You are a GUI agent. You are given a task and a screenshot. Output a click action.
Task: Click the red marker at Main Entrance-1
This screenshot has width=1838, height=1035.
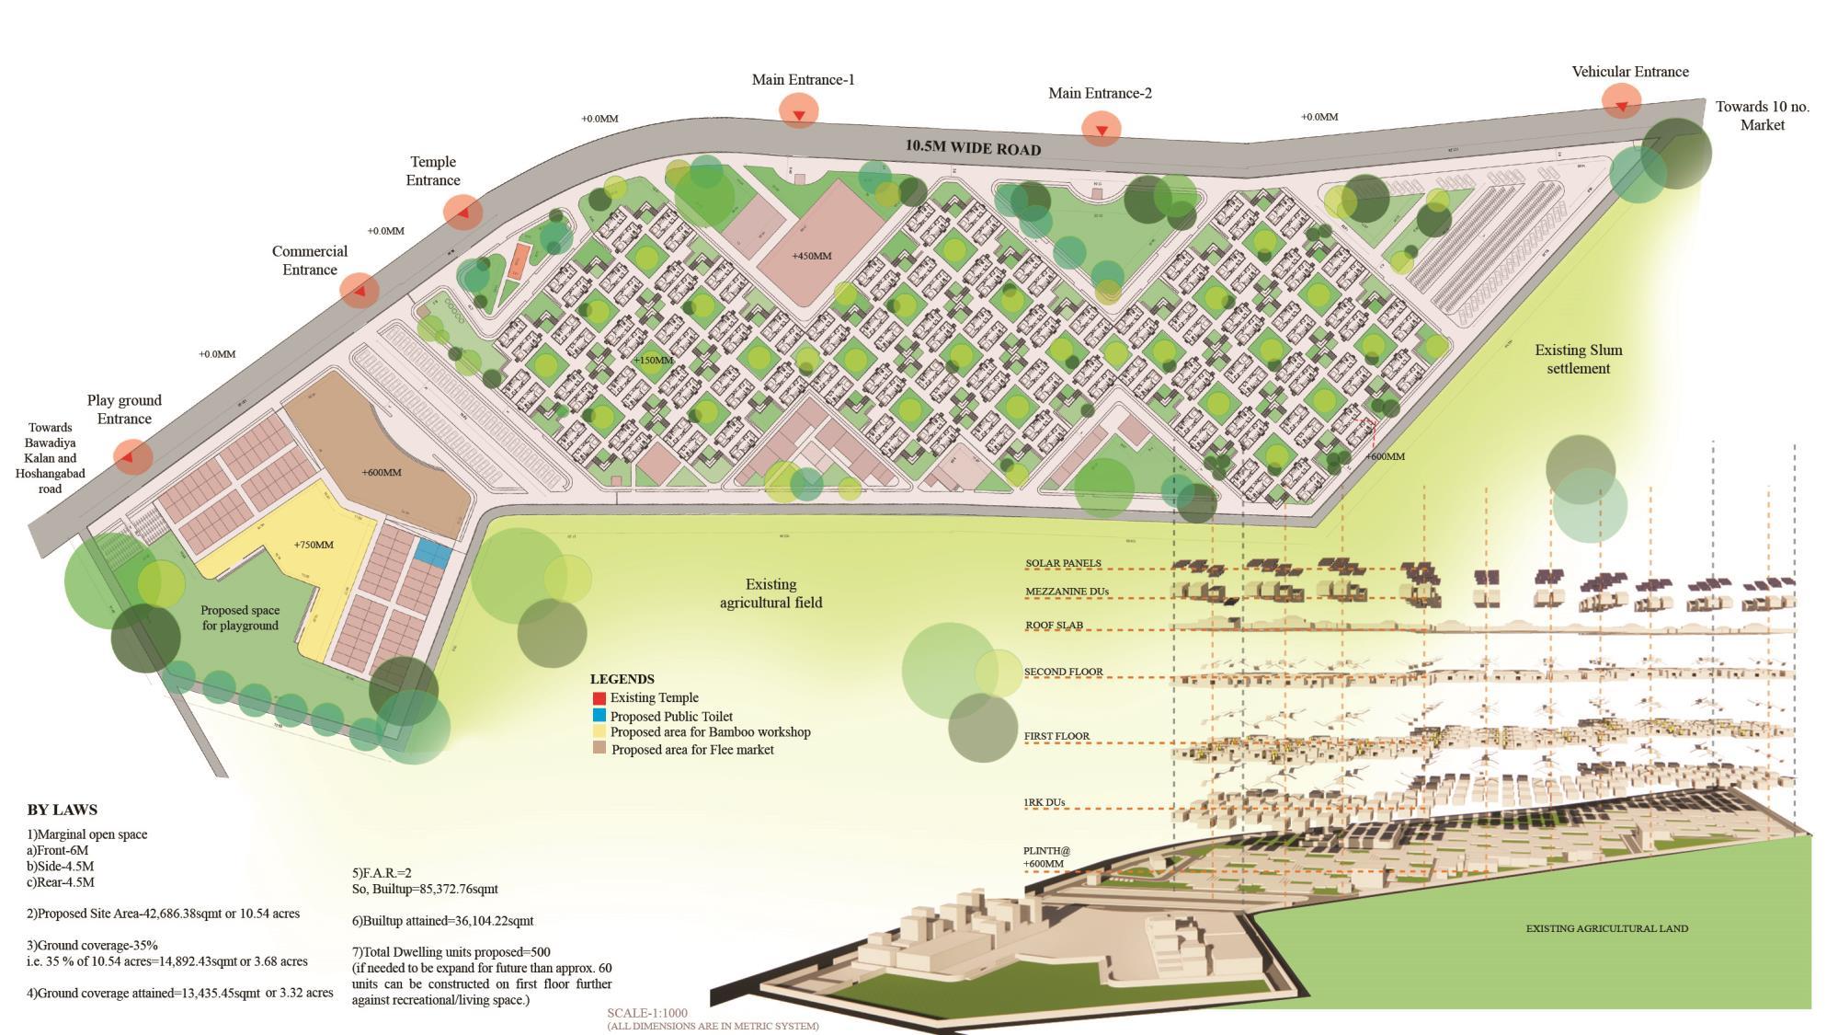pyautogui.click(x=799, y=112)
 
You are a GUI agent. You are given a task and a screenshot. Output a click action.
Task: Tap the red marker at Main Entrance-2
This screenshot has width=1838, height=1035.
pyautogui.click(x=1101, y=129)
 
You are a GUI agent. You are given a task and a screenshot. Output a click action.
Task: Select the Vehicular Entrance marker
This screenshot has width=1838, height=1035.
pyautogui.click(x=1621, y=103)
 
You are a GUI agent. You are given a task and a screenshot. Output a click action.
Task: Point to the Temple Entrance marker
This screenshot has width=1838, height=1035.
pyautogui.click(x=462, y=213)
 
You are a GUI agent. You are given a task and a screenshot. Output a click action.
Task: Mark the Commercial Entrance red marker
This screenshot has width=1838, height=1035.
pyautogui.click(x=360, y=291)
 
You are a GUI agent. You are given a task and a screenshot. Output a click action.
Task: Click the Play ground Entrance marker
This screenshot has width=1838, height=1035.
pyautogui.click(x=133, y=456)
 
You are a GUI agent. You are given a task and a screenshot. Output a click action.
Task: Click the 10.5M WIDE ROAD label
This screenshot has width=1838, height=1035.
pyautogui.click(x=973, y=148)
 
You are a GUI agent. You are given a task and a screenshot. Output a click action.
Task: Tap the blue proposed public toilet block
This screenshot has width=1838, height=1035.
pyautogui.click(x=432, y=553)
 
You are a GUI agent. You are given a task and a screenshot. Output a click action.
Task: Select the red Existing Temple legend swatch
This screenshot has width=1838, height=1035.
pyautogui.click(x=599, y=698)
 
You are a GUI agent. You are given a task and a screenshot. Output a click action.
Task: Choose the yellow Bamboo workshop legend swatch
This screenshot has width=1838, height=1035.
pyautogui.click(x=599, y=732)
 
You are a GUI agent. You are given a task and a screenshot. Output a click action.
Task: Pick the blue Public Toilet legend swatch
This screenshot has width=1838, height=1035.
pyautogui.click(x=599, y=716)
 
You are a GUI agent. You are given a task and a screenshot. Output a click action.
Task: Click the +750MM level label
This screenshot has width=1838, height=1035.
pyautogui.click(x=314, y=545)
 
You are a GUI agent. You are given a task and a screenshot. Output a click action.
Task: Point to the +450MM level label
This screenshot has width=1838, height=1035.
pyautogui.click(x=811, y=256)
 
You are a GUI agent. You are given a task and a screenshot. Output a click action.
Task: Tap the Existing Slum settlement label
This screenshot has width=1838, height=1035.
pyautogui.click(x=1578, y=359)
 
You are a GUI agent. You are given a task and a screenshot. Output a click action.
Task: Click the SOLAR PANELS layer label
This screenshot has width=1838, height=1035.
pyautogui.click(x=1063, y=563)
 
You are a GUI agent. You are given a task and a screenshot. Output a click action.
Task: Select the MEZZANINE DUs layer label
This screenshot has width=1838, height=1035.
pyautogui.click(x=1067, y=592)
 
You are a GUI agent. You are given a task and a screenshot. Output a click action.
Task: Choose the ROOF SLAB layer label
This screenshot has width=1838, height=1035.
pyautogui.click(x=1054, y=626)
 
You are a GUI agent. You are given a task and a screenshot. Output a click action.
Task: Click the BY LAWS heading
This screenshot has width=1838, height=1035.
pyautogui.click(x=62, y=810)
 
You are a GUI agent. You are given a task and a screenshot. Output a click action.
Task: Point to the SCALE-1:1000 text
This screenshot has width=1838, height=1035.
pyautogui.click(x=646, y=1013)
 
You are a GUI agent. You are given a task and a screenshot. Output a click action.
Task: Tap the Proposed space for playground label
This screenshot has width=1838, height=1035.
pyautogui.click(x=239, y=617)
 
